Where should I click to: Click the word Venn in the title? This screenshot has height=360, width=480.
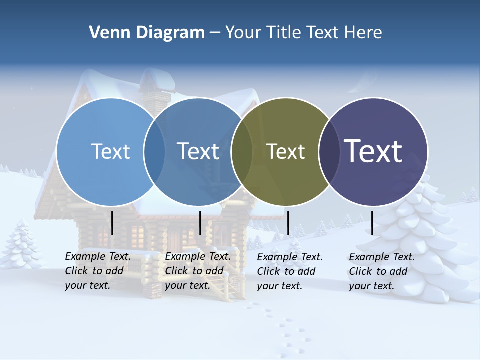tap(106, 32)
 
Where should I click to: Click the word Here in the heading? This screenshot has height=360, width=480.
tap(363, 32)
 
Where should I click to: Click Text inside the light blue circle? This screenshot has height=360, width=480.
tap(110, 151)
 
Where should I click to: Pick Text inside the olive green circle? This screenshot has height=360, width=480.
tap(285, 151)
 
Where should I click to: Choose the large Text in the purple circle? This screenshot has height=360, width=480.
tap(373, 151)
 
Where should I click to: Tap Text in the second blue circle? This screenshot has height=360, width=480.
tap(198, 151)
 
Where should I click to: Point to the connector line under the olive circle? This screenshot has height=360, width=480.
tap(288, 223)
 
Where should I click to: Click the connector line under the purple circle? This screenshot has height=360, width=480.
tap(372, 223)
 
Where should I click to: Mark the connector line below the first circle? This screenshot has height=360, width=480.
tap(112, 223)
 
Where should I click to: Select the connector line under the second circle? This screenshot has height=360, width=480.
tap(200, 223)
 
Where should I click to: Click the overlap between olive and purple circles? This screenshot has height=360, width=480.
tap(329, 152)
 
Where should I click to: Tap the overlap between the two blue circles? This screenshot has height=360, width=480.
tap(154, 152)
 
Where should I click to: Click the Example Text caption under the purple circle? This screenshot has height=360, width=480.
tap(381, 271)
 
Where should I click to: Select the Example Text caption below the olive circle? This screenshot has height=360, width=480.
tap(289, 271)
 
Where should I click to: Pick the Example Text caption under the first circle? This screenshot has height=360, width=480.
tap(97, 271)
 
